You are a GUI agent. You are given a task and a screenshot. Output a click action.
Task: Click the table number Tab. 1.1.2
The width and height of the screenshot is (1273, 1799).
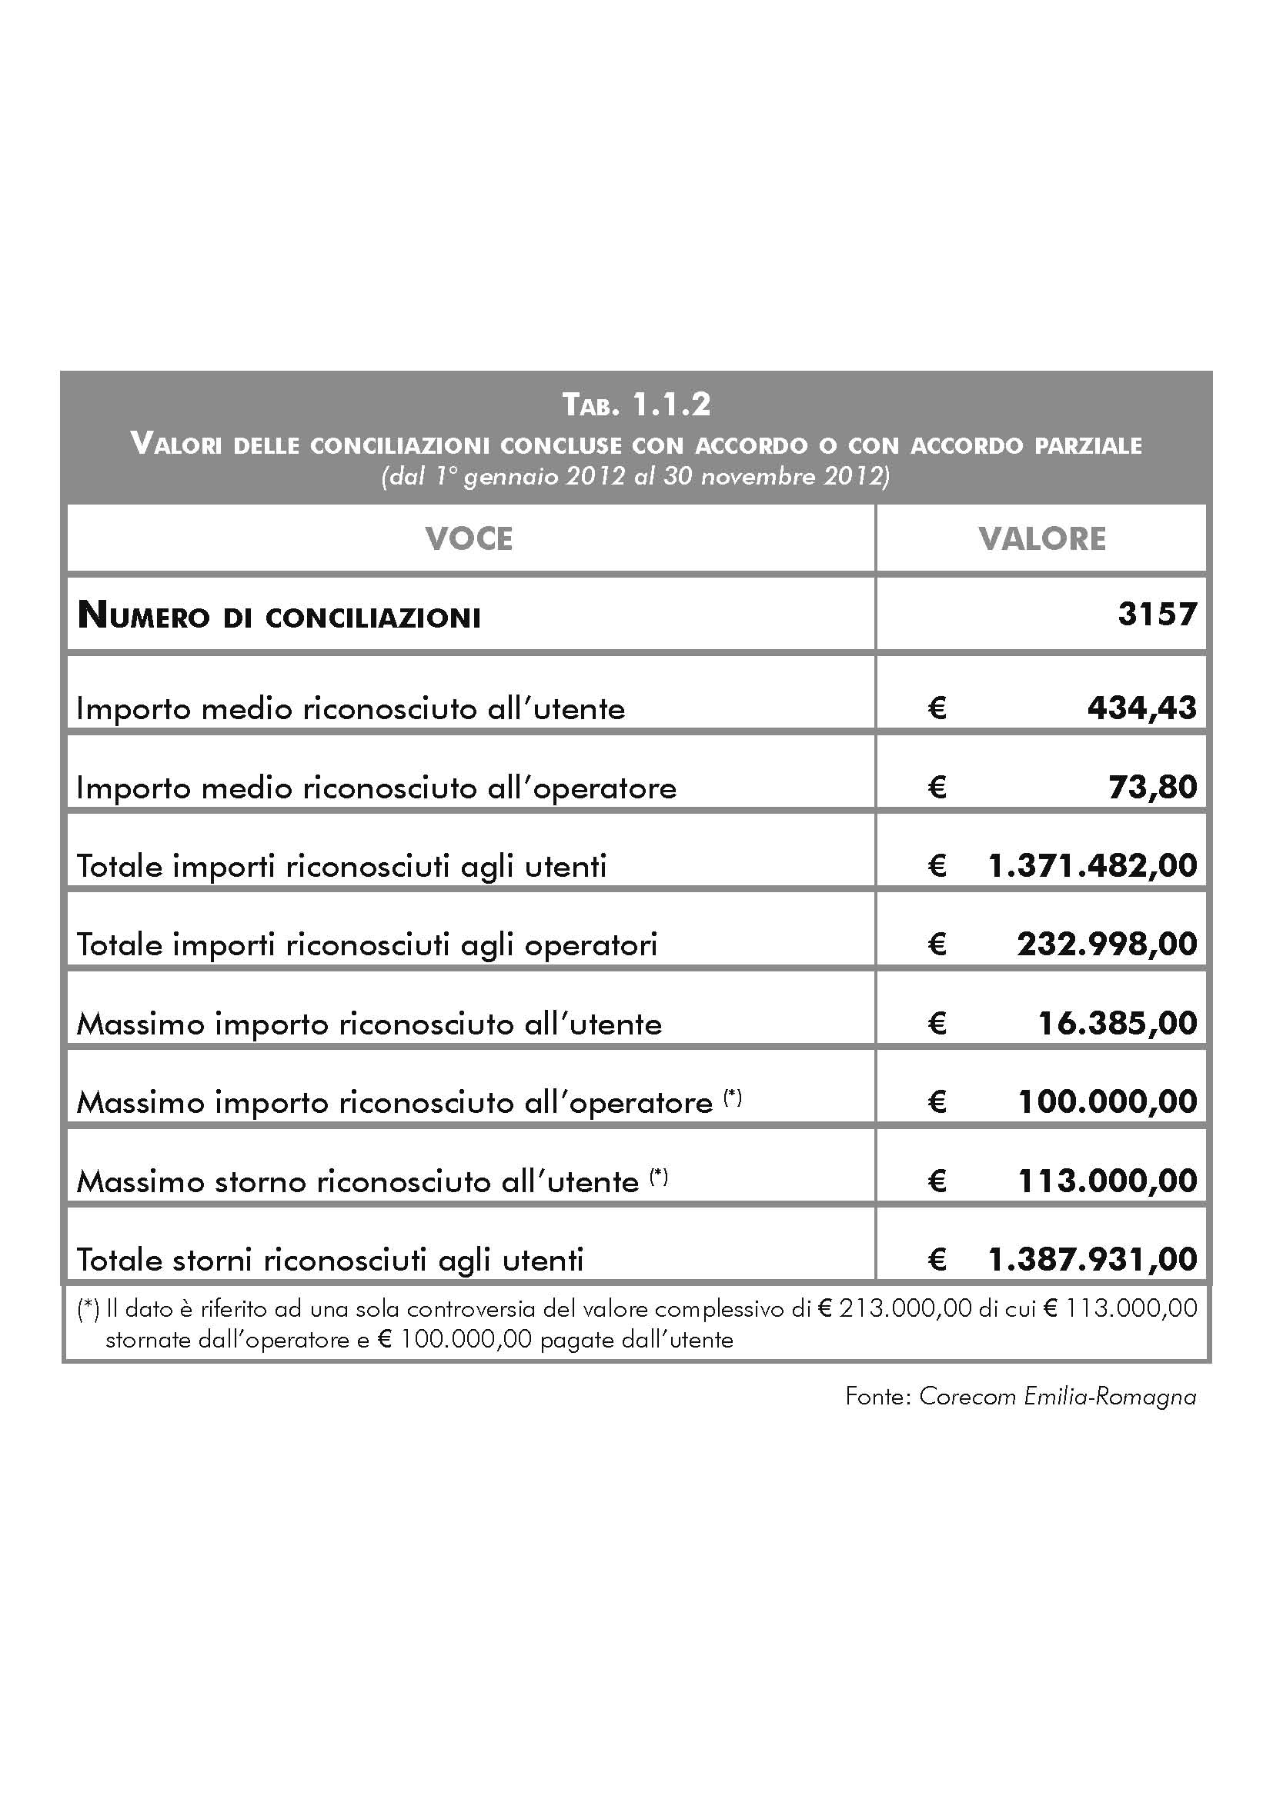coord(636,405)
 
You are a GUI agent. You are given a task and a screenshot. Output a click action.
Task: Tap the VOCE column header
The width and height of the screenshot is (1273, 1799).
coord(469,539)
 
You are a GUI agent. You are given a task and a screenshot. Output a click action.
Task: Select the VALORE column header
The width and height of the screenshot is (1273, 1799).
coord(1042,539)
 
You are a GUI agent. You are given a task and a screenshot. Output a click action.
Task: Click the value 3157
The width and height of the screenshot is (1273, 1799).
coord(1157,615)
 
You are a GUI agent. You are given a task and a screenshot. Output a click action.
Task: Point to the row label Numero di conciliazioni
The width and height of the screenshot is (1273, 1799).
coord(279,617)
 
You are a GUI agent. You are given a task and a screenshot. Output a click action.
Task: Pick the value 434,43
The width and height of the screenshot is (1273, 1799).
coord(1141,708)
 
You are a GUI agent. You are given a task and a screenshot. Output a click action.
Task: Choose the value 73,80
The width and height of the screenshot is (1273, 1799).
coord(1152,787)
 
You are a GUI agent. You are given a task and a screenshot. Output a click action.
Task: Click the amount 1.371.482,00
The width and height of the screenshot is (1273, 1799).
coord(1093,866)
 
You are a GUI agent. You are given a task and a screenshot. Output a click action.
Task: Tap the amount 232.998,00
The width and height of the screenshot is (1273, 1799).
coord(1107,944)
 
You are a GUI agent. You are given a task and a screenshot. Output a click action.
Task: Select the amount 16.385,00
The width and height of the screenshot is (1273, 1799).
coord(1117,1023)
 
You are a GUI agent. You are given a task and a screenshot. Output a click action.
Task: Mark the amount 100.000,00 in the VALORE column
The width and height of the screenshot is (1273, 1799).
coord(1107,1101)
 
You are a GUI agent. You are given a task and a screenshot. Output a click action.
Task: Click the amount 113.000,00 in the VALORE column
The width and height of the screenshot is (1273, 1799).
coord(1107,1181)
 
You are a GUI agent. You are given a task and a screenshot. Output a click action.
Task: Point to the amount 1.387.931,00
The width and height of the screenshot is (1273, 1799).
coord(1093,1259)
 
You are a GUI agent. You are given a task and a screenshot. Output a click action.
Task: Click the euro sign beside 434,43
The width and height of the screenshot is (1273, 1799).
coord(937,708)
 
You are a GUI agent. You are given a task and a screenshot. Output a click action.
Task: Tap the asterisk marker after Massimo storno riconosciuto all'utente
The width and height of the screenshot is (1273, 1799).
coord(659,1176)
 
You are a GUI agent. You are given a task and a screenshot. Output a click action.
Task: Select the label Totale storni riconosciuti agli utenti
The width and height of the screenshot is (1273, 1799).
coord(330,1260)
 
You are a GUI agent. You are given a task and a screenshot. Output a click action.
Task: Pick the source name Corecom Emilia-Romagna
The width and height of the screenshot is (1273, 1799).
coord(1057,1396)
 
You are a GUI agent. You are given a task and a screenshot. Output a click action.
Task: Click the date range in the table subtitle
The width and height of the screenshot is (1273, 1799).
coord(636,476)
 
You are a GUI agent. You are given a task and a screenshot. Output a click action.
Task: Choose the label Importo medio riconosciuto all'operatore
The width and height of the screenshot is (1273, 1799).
coord(376,788)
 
